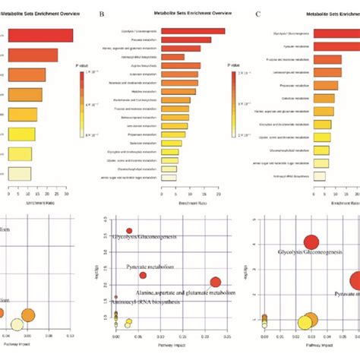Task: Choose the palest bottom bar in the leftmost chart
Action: [x=18, y=173]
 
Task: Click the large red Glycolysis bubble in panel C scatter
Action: [x=311, y=243]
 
